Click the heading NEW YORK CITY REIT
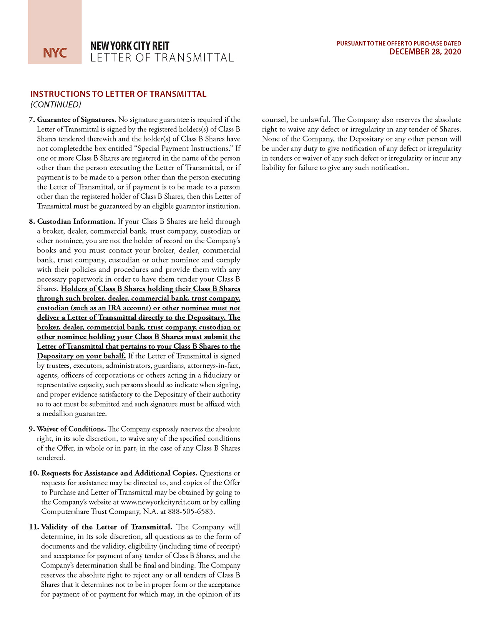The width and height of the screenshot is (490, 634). (x=130, y=46)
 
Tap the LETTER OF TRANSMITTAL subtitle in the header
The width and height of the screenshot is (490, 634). (x=162, y=58)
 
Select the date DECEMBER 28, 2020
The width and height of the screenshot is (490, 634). (x=425, y=52)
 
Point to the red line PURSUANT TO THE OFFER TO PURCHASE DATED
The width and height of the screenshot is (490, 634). (x=399, y=43)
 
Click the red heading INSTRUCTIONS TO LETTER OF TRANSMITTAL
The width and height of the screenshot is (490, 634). (x=118, y=94)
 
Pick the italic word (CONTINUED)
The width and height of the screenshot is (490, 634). (x=56, y=105)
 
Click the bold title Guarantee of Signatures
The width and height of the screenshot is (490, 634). (x=77, y=119)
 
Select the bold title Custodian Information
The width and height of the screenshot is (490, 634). (x=76, y=221)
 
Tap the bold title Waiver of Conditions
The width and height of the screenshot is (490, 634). (x=71, y=429)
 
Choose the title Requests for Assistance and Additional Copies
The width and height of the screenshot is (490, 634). (x=119, y=473)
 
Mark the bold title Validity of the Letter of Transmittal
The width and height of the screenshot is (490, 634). (x=106, y=527)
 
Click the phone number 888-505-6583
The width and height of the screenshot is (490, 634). (x=191, y=511)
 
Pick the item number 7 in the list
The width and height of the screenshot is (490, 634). (x=32, y=119)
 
